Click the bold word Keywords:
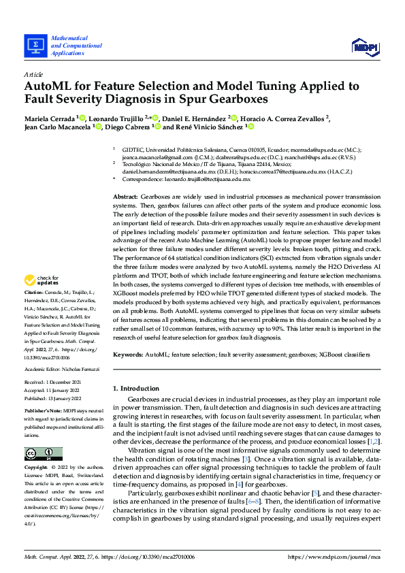pyautogui.click(x=128, y=355)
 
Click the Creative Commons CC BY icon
pyautogui.click(x=43, y=454)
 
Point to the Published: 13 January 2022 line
pyautogui.click(x=57, y=399)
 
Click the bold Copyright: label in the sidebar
pyautogui.click(x=37, y=468)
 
